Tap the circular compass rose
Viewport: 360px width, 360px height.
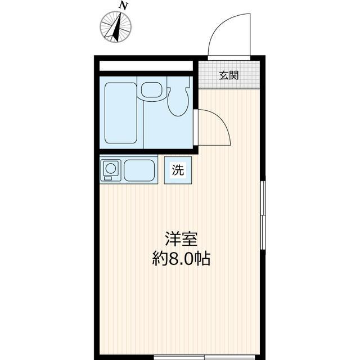coord(116,26)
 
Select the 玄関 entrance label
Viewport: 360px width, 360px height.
coord(228,75)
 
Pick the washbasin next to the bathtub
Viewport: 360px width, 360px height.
coord(151,90)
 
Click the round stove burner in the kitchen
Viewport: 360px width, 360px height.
coord(111,168)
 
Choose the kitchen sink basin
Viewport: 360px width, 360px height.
coord(139,170)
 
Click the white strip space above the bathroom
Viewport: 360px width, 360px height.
coord(146,65)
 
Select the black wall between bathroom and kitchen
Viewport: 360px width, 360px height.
coord(146,151)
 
